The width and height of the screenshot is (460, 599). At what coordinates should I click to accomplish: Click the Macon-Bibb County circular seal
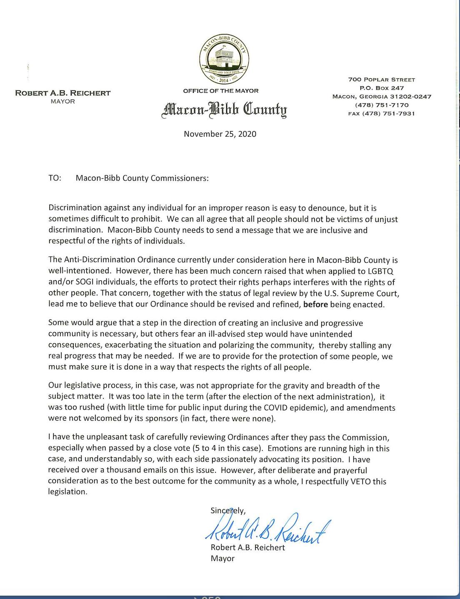point(224,59)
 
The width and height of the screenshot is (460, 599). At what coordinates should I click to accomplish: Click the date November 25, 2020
point(220,134)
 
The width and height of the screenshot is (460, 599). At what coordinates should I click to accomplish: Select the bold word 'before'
point(315,304)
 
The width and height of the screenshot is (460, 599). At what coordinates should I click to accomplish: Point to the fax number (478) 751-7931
point(381,113)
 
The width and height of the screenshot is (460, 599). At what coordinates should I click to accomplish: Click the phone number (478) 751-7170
point(382,105)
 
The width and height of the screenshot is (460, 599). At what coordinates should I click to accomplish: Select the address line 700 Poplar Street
point(382,80)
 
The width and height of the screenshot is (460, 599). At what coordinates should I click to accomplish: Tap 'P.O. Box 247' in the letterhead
point(382,88)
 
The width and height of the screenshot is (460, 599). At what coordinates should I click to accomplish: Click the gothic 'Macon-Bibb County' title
point(224,110)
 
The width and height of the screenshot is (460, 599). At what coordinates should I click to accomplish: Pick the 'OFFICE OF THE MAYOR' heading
point(221,91)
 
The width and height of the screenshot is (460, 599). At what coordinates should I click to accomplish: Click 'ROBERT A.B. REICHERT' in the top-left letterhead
point(63,93)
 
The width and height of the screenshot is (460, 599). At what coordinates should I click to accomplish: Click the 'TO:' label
point(55,178)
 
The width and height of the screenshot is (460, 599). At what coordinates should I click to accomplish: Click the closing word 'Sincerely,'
point(228,510)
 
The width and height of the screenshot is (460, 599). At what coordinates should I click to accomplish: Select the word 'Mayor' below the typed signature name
point(222,559)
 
